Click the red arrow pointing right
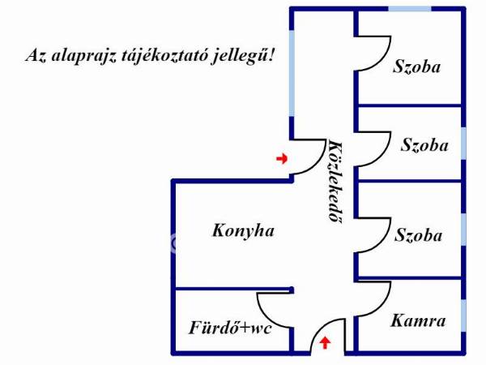[282, 159]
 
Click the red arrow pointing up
[325, 342]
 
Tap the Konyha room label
[243, 231]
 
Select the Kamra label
[418, 320]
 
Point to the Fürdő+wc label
[230, 328]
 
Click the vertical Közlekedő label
[335, 182]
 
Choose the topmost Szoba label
[416, 67]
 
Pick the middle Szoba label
[424, 145]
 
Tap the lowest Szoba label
[418, 235]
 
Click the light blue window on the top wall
[409, 9]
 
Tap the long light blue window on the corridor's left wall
[292, 73]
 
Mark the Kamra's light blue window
[463, 316]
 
